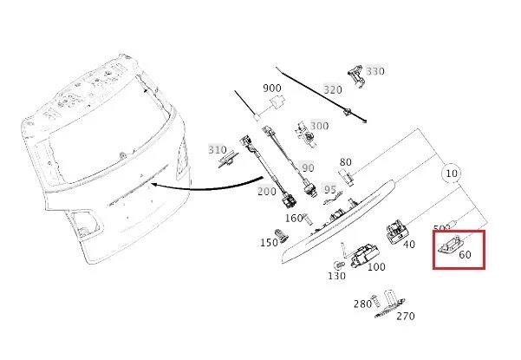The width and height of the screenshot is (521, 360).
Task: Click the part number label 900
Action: point(272,88)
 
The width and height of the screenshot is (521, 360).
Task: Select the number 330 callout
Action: point(375,71)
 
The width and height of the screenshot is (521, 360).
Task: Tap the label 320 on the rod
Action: point(333,89)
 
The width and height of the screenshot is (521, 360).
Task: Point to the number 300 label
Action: point(319,126)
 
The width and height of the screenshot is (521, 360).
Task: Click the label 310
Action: point(218,150)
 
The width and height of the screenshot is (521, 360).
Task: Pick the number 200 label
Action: point(267,192)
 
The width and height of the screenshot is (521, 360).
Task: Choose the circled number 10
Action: point(452,173)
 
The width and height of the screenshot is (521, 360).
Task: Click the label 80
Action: point(346,162)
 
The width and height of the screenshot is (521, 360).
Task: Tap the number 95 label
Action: point(330,190)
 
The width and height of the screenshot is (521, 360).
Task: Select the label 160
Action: point(294,219)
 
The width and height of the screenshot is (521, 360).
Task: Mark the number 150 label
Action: point(269,243)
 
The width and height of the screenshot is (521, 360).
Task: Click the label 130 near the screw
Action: point(336,276)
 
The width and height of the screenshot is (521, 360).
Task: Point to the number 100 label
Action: point(376,266)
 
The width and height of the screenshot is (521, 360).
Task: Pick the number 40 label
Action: point(409,245)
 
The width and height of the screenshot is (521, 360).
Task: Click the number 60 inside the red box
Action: point(465,255)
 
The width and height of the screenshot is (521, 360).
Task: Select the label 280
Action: point(362,304)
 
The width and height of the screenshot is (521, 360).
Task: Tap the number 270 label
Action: point(406,316)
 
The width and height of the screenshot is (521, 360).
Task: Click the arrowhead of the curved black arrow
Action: point(154,185)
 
